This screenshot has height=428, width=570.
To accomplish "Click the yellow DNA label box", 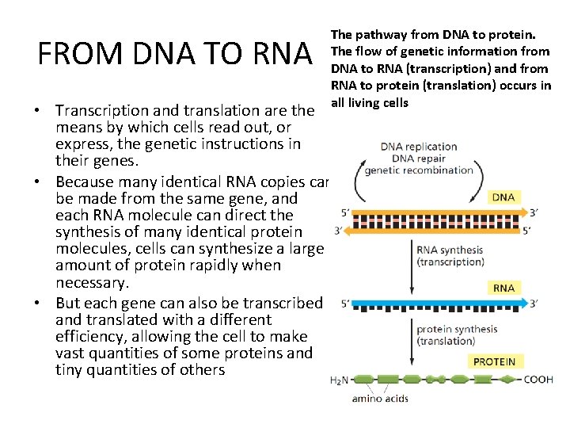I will [503, 197].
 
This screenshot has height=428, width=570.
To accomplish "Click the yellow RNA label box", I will [503, 288].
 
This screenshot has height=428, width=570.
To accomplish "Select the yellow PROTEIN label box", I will [494, 361].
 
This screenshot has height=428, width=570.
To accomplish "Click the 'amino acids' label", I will [380, 398].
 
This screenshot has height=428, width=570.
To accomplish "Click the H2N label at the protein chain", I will [338, 380].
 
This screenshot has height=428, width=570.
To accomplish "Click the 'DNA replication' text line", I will [419, 147].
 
